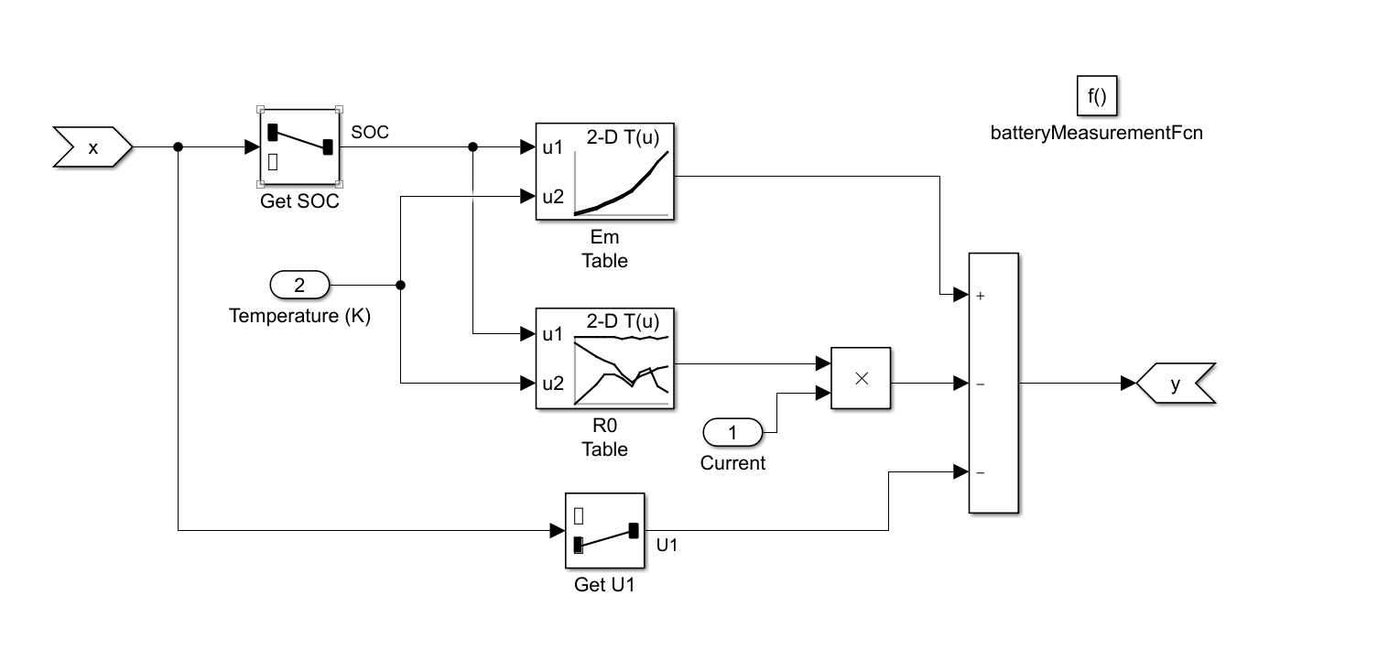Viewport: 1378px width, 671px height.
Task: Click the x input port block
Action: pos(92,147)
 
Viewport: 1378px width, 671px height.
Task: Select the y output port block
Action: pos(1176,384)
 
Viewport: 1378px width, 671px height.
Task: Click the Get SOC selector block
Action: pos(299,147)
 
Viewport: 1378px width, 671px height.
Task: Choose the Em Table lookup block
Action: pos(604,170)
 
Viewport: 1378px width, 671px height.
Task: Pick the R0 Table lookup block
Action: pos(604,359)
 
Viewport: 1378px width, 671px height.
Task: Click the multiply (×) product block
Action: pos(860,378)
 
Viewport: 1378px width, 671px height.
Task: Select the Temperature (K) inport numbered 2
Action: pos(299,286)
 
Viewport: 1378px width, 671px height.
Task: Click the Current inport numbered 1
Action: pos(732,431)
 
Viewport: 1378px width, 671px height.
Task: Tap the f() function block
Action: pos(1097,96)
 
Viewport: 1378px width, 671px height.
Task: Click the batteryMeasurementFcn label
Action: pos(1097,134)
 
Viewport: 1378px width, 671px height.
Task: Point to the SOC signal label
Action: pos(370,133)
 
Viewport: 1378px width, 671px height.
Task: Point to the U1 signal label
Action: pos(667,545)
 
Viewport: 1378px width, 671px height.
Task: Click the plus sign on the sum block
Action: pos(981,296)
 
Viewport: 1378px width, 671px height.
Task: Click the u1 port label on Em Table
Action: pos(553,146)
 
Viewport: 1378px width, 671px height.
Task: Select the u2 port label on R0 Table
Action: pos(553,383)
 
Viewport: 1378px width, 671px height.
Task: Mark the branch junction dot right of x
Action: pos(178,147)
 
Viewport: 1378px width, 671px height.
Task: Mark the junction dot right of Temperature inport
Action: pos(400,286)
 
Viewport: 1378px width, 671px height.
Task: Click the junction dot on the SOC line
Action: pos(472,147)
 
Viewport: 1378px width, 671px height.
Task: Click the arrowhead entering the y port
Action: pos(1129,384)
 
